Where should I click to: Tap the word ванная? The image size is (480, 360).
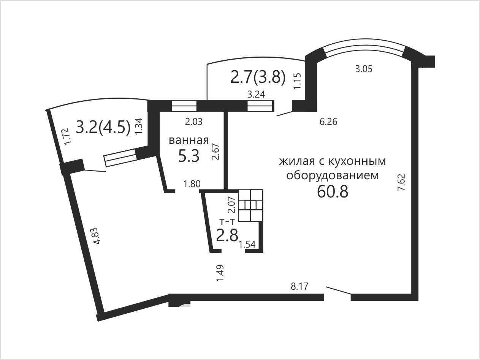click(189, 141)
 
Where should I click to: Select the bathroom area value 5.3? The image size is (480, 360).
click(189, 156)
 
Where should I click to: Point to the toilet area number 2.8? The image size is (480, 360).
click(227, 235)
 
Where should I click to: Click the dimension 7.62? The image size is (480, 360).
click(401, 182)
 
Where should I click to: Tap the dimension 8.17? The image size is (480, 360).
click(299, 286)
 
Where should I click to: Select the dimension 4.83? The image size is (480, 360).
click(97, 236)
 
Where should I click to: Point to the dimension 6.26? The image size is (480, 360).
click(328, 122)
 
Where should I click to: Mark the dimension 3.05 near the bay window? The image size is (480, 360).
click(364, 69)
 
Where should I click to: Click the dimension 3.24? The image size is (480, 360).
click(256, 95)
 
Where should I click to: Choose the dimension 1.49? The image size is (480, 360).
click(220, 273)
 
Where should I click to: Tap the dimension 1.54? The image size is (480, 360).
click(247, 245)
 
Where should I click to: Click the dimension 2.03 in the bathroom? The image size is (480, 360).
click(194, 122)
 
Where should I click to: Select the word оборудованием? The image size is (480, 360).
click(333, 175)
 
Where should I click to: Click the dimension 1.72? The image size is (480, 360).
click(68, 136)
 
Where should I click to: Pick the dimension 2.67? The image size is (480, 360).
click(215, 152)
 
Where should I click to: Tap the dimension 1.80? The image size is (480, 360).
click(192, 184)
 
